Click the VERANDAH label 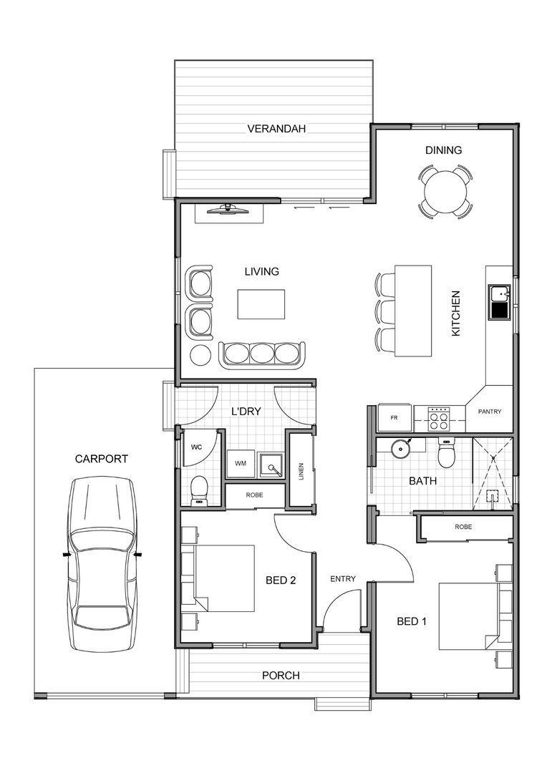[276, 130]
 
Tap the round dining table [445, 191]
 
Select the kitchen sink [498, 301]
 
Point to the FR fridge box [394, 417]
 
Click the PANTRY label [490, 412]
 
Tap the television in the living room [228, 209]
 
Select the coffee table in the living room [261, 304]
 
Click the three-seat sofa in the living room [262, 354]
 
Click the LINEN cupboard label [301, 471]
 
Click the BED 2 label [281, 580]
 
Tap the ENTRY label [342, 579]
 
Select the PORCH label [281, 675]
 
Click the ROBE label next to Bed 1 [463, 527]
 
